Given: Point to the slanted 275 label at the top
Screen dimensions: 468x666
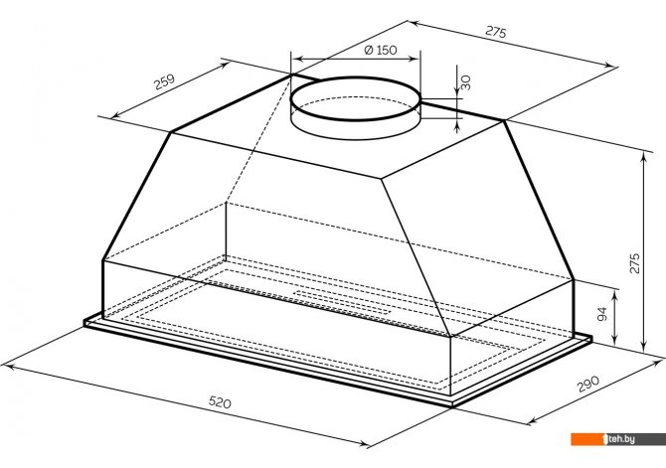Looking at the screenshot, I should pos(494,33).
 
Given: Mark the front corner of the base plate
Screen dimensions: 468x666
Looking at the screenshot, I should pos(452,404).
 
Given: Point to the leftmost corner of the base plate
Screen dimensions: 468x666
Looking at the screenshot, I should pos(85,320).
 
